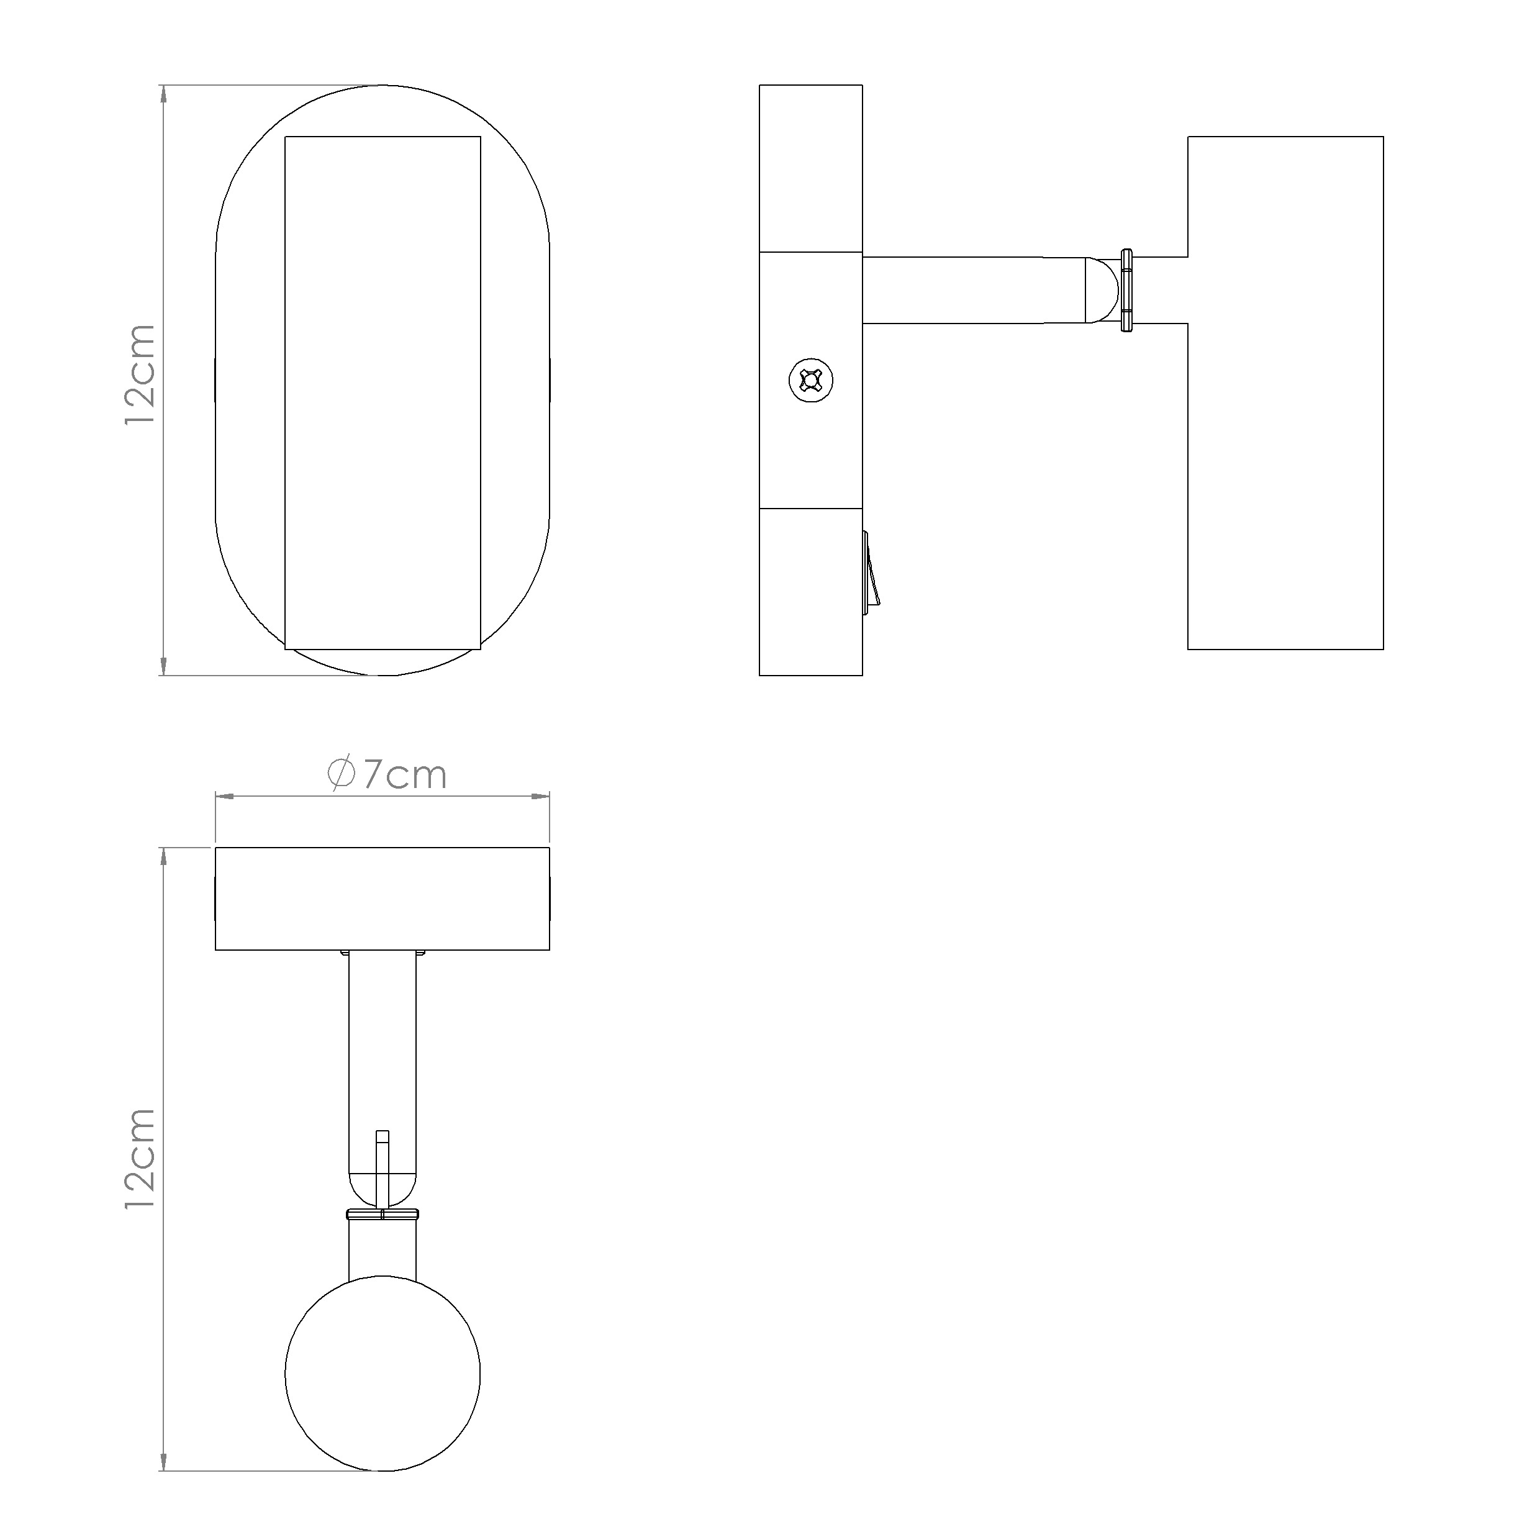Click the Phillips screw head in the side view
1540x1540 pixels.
pos(812,380)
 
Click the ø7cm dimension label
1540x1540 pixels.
pos(387,775)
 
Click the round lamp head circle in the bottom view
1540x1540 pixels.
pos(383,1394)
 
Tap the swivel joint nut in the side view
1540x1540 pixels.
pos(1126,290)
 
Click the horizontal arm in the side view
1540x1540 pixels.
pos(976,290)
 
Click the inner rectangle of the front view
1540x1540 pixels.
pos(383,393)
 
